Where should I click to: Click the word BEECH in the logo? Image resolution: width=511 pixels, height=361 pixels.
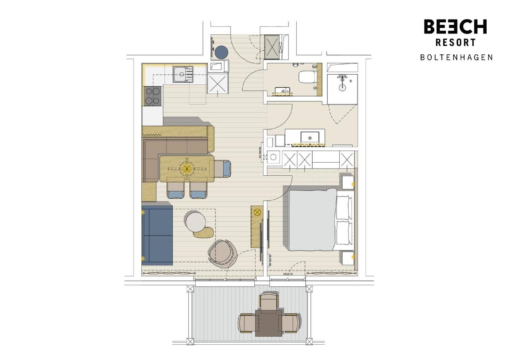coord(455,27)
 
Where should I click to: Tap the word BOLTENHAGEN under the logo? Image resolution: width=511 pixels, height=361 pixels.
coord(456,57)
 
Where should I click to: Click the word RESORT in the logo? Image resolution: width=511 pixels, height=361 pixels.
coord(455,42)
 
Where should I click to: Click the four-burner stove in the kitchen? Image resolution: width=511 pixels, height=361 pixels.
coord(152,96)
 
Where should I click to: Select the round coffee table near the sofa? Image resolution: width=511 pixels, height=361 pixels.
coord(196,221)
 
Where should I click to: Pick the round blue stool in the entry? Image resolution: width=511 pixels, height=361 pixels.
coord(221,52)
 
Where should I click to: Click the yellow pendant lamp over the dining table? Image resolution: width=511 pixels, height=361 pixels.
coord(186,169)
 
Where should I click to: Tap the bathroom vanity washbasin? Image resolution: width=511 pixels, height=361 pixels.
coord(309,137)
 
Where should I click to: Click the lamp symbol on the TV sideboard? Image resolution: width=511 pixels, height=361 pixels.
coord(257,212)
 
